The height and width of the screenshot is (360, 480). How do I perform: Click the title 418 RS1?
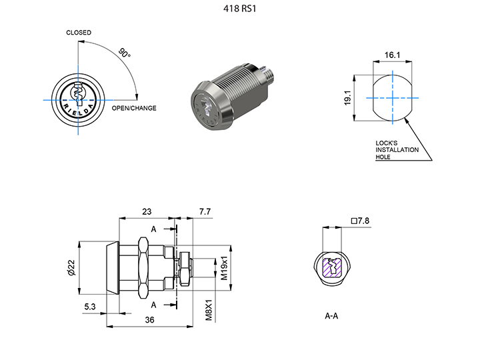[x=239, y=10]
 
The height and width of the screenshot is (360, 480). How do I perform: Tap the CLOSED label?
[x=79, y=33]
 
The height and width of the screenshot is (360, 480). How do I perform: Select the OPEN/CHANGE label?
[x=134, y=108]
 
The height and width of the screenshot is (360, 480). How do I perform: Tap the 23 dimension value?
[x=147, y=211]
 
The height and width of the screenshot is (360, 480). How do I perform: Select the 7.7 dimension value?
[x=205, y=211]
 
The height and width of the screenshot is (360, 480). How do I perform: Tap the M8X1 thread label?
[x=209, y=311]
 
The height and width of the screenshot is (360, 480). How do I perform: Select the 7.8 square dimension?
[x=360, y=221]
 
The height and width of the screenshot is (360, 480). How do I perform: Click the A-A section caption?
[x=331, y=315]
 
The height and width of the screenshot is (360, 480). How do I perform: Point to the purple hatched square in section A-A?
[x=332, y=268]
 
